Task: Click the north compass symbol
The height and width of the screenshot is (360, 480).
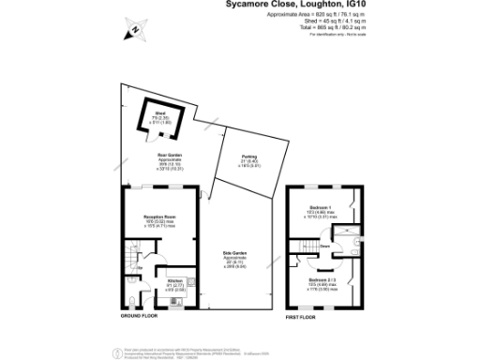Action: click(x=135, y=31)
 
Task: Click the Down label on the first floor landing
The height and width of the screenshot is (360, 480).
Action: click(x=322, y=246)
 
